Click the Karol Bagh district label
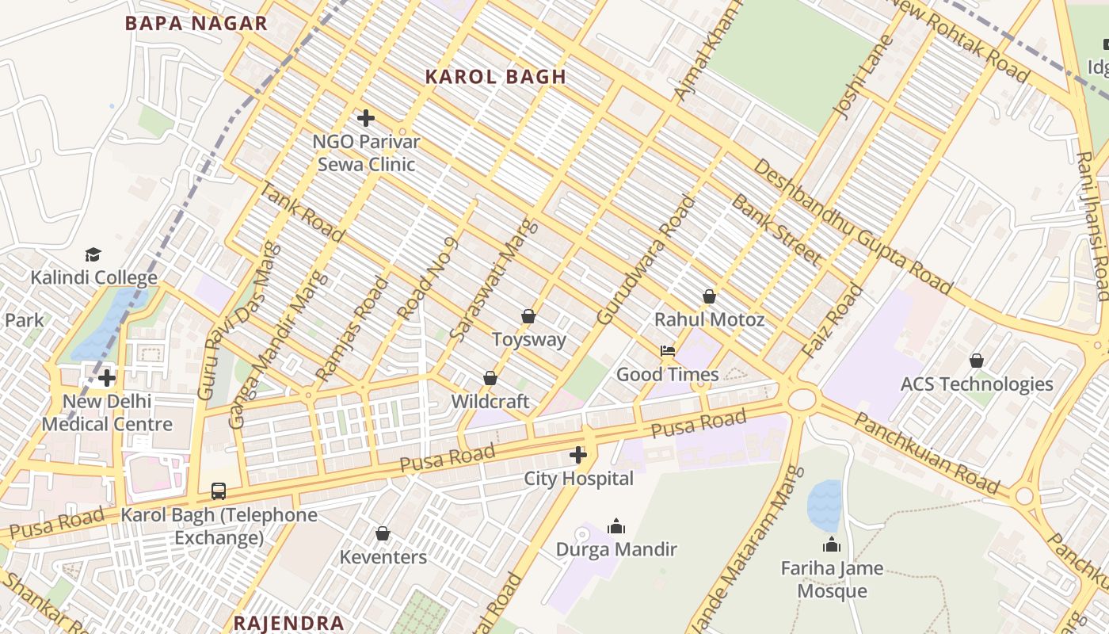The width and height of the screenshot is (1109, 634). [x=496, y=77]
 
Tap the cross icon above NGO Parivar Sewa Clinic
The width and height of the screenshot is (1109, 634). [x=365, y=119]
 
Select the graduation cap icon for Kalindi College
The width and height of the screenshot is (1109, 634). [x=93, y=254]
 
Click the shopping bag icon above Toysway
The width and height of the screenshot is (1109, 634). [x=528, y=316]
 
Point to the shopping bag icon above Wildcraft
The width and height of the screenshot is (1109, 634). [x=490, y=378]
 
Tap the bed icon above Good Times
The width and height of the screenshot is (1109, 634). [x=668, y=351]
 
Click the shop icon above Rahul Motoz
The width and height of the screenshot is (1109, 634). [x=709, y=296]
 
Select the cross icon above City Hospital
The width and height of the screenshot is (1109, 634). [x=578, y=455]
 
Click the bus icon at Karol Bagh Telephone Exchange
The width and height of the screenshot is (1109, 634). [x=218, y=491]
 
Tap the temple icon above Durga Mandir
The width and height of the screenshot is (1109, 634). [x=616, y=525]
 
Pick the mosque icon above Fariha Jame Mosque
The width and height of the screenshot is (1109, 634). [x=832, y=544]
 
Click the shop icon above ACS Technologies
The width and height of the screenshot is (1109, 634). [x=977, y=361]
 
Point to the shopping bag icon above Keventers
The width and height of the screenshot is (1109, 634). [x=383, y=533]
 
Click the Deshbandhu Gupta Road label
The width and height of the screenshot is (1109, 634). [x=852, y=227]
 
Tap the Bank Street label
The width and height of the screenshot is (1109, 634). [x=775, y=230]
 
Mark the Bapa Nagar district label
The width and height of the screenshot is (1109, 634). [x=196, y=24]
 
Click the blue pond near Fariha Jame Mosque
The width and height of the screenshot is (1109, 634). [x=824, y=506]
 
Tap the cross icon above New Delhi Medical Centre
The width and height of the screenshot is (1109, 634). [x=107, y=378]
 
